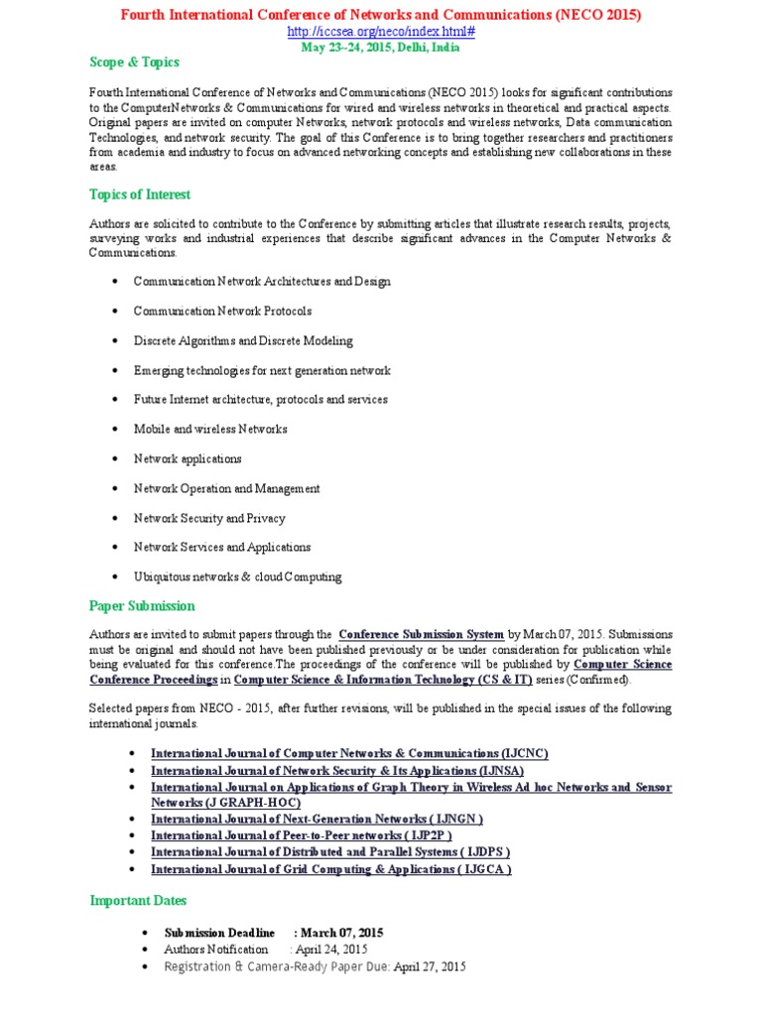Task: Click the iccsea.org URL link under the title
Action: tap(381, 32)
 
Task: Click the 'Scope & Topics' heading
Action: tap(135, 63)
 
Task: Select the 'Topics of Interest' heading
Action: tap(140, 194)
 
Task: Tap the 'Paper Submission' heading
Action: tap(142, 606)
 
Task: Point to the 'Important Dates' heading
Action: tap(138, 901)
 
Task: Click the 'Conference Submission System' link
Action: tap(422, 635)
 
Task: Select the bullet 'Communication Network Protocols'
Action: tap(222, 312)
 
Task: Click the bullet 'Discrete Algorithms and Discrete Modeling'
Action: tap(243, 341)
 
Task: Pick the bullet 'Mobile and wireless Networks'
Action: tap(210, 430)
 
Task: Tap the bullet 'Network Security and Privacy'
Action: tap(209, 518)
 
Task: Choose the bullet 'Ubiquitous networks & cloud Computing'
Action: tap(237, 576)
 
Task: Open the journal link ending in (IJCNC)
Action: tap(349, 754)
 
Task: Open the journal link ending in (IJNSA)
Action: tap(337, 771)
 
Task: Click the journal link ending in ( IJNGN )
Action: tap(317, 820)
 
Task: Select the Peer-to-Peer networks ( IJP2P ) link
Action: tap(302, 835)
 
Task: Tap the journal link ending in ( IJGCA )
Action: tap(331, 869)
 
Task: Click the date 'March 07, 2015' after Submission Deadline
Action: tap(342, 934)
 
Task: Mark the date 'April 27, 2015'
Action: tap(430, 966)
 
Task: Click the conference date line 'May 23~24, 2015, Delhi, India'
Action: tap(381, 47)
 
